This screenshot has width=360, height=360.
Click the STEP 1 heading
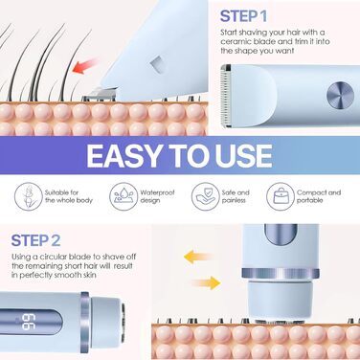pyautogui.click(x=243, y=16)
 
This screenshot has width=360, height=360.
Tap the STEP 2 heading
pyautogui.click(x=35, y=240)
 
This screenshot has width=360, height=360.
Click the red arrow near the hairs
pyautogui.click(x=85, y=65)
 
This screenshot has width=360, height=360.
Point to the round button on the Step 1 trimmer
pyautogui.click(x=340, y=96)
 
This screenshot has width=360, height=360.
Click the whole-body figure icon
pyautogui.click(x=28, y=196)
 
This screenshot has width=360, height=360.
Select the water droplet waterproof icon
pyautogui.click(x=124, y=196)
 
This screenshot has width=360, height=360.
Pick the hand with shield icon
pyautogui.click(x=206, y=196)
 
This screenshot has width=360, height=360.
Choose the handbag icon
pyautogui.click(x=281, y=196)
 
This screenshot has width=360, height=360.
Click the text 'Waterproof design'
pyautogui.click(x=157, y=196)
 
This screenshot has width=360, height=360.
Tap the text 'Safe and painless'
pyautogui.click(x=236, y=196)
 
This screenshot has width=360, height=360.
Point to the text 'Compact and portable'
pyautogui.click(x=319, y=196)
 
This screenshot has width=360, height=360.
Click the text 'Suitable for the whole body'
pyautogui.click(x=69, y=196)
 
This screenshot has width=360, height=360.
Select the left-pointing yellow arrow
pyautogui.click(x=197, y=257)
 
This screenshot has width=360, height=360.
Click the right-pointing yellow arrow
pyautogui.click(x=206, y=282)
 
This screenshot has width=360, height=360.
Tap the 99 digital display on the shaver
pyautogui.click(x=29, y=323)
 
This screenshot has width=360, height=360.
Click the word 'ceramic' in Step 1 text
pyautogui.click(x=236, y=42)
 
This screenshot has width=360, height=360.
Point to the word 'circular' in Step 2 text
pyautogui.click(x=51, y=257)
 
